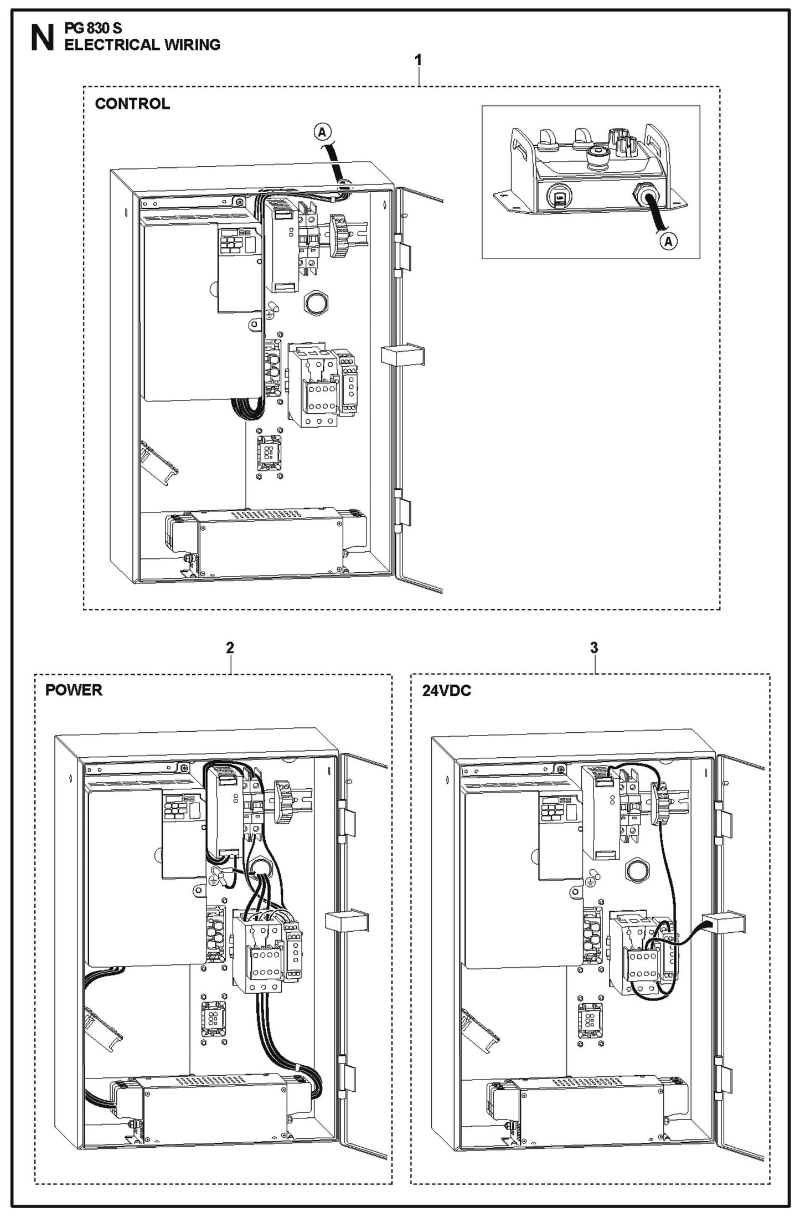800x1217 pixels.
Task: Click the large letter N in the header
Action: (42, 39)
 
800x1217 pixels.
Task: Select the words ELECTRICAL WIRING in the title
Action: (142, 45)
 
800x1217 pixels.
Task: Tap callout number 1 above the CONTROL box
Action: (418, 60)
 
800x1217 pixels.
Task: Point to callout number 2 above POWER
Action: (230, 648)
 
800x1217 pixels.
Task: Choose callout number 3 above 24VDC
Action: (593, 648)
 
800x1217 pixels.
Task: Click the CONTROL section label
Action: (132, 104)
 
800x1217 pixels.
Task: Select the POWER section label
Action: (74, 690)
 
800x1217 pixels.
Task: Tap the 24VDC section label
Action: (446, 691)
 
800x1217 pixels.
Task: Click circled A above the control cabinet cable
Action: (322, 132)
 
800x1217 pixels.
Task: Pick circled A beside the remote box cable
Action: (669, 242)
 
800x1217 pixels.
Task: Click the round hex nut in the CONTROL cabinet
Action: (316, 303)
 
